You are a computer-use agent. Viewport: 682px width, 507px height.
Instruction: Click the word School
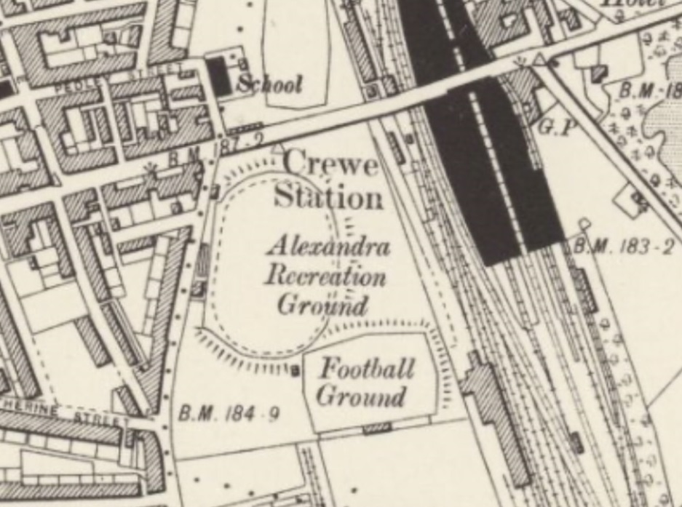tap(269, 84)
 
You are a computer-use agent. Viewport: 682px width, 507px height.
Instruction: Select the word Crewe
tap(331, 164)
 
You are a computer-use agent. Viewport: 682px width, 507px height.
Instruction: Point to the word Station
tap(328, 197)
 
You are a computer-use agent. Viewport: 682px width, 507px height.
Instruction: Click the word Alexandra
tap(328, 246)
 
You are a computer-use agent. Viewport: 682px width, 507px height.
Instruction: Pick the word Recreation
tap(325, 276)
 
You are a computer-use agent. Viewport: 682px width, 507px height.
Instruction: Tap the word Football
tap(368, 368)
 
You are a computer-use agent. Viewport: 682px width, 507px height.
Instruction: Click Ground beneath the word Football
tap(361, 397)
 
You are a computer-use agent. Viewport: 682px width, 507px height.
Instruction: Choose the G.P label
tap(557, 127)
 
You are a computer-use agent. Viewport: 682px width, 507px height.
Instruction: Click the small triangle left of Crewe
tap(277, 149)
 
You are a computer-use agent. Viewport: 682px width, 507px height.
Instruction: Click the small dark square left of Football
tap(296, 372)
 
